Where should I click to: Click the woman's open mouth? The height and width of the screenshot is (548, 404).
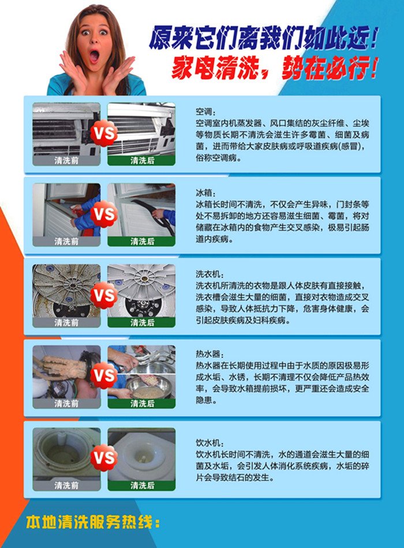(94, 56)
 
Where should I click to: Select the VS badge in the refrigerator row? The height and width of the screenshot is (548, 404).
(104, 215)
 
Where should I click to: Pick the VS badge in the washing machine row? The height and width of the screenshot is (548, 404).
(104, 296)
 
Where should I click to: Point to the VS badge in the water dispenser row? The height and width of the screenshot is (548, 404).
(104, 459)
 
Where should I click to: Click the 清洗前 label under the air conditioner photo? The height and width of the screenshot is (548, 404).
(66, 161)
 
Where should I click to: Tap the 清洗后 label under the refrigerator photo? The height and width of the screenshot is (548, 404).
(142, 242)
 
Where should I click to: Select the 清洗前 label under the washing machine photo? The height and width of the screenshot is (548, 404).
(66, 322)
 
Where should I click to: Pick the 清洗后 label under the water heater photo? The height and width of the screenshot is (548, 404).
(142, 403)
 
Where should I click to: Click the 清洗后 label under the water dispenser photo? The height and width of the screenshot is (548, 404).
(142, 486)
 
